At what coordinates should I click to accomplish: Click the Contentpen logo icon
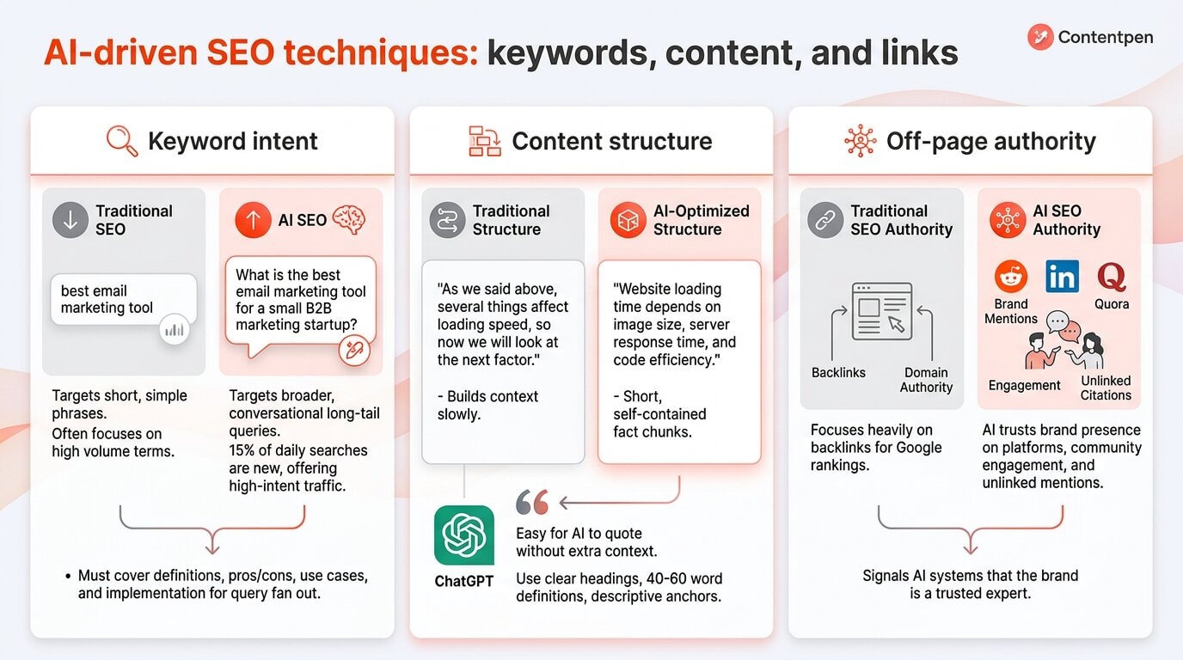tap(1040, 37)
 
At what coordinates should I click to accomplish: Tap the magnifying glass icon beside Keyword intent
tap(122, 141)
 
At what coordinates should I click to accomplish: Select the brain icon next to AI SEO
tap(349, 219)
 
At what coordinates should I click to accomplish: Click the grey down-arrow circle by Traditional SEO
tap(70, 220)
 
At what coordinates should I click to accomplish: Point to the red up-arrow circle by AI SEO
tap(253, 220)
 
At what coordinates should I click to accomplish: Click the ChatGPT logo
tap(464, 535)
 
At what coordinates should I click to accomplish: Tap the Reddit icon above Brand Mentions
tap(1011, 277)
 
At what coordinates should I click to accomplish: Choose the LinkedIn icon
tap(1063, 277)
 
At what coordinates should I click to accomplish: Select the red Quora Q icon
tap(1112, 277)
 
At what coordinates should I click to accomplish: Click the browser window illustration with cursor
tap(881, 311)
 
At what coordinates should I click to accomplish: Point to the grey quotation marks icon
tap(532, 503)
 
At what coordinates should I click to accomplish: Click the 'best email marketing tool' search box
tap(123, 299)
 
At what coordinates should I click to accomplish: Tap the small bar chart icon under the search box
tap(175, 329)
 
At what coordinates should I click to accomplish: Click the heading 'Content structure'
tap(611, 141)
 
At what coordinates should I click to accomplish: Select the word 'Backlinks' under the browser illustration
tap(838, 373)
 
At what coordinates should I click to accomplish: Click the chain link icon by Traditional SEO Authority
tap(825, 220)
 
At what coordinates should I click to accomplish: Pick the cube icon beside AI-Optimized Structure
tap(628, 220)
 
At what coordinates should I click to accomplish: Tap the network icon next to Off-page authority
tap(860, 141)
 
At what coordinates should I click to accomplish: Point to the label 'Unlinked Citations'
tap(1106, 388)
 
